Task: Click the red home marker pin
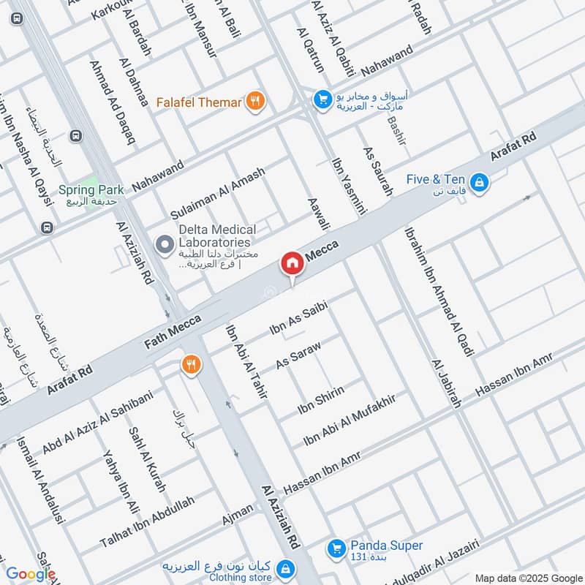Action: coord(292,263)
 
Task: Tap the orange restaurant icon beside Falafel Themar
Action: coord(254,102)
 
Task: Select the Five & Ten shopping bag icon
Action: coord(479,181)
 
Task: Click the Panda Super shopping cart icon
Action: coord(336,546)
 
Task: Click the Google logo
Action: coord(30,574)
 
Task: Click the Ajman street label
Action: coord(238,515)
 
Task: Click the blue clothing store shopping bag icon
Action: coord(287,567)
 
